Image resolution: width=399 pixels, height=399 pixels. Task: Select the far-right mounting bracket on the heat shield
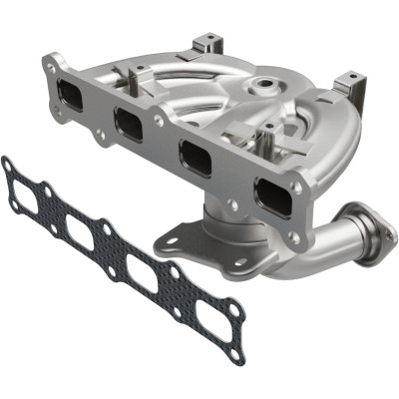coord(348,84)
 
